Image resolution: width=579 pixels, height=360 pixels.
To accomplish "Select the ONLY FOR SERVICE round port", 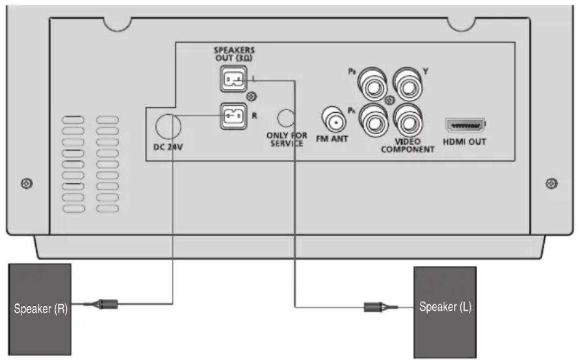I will point(287,117).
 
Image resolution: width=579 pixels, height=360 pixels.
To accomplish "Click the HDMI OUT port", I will point(465,126).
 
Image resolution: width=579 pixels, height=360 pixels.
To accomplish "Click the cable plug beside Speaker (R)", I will point(106,305).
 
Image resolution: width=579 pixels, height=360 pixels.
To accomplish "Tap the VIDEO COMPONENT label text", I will point(407,145).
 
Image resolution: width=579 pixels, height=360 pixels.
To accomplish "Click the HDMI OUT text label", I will point(465,142).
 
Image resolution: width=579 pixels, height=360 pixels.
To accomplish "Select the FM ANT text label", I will point(332,139).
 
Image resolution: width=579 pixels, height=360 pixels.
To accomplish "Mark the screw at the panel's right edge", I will point(551,183).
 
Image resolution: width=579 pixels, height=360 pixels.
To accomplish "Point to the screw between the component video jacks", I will point(389,101).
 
